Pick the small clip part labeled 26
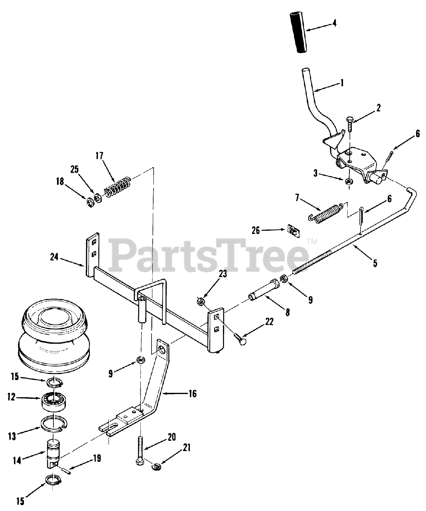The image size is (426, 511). [x=294, y=231]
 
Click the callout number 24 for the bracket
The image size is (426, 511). [x=54, y=257]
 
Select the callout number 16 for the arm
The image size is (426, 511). [x=192, y=394]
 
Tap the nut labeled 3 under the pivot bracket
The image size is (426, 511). [x=349, y=180]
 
